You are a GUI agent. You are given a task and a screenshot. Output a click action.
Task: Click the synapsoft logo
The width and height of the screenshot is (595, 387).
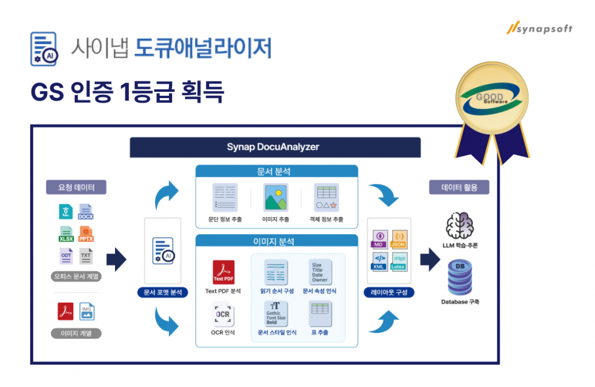point(539,28)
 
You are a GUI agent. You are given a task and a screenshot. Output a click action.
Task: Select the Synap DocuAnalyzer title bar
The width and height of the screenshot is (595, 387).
point(274,147)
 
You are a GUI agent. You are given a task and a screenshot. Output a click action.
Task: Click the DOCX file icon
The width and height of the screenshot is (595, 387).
point(86,212)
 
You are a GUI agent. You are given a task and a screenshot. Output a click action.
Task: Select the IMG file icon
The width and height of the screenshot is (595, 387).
point(87,311)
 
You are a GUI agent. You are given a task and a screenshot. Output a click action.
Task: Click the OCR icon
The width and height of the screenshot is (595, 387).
point(223,316)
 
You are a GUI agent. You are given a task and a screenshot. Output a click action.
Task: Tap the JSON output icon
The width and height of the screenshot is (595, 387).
point(399,239)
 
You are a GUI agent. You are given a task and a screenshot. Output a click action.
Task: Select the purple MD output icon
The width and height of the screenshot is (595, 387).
point(380,239)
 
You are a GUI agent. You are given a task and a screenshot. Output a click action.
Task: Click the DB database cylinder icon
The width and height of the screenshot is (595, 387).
point(459,278)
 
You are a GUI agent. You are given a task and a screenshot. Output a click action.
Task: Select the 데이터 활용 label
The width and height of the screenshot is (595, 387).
point(459,187)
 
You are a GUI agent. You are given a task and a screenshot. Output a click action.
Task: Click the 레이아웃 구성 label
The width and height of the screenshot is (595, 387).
point(389,292)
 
